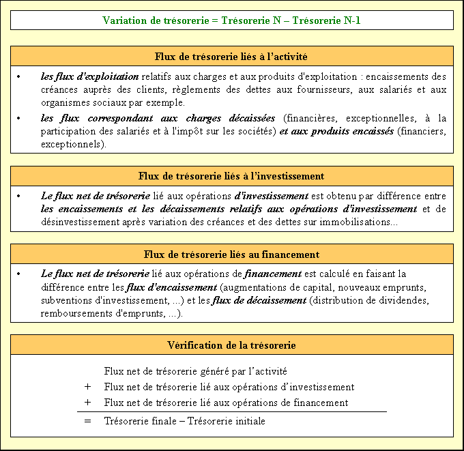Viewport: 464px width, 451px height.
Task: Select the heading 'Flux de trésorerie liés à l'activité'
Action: click(x=231, y=56)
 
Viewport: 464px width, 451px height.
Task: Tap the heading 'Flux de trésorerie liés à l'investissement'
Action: click(x=231, y=176)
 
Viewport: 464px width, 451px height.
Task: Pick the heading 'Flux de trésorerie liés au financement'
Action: click(x=231, y=254)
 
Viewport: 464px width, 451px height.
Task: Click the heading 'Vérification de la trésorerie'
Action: click(x=231, y=345)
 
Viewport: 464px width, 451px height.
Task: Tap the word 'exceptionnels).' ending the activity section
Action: click(x=74, y=145)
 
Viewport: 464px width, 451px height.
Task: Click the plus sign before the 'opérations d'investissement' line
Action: click(x=88, y=387)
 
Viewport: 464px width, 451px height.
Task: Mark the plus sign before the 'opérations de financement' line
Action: click(x=88, y=403)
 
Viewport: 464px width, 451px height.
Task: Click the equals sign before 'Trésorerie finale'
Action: click(x=88, y=421)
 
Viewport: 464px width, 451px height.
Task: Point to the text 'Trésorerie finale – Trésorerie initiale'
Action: click(x=185, y=421)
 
